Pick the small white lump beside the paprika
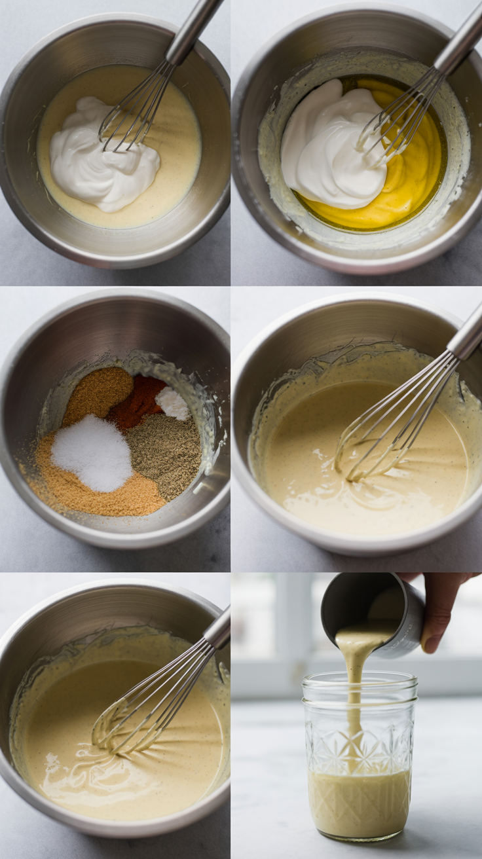[173, 403]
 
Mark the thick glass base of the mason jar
[359, 835]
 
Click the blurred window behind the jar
[275, 629]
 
